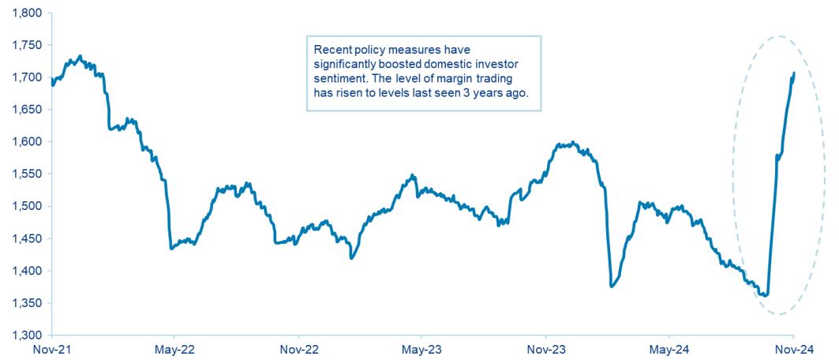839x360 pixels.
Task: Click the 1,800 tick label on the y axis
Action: pos(24,13)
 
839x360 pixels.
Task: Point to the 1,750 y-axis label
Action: pos(24,45)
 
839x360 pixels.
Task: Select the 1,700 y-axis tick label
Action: pos(24,77)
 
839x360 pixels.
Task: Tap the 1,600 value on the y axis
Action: pos(24,142)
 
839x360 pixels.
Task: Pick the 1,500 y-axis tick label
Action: pos(24,207)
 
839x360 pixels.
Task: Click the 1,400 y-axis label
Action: pos(24,271)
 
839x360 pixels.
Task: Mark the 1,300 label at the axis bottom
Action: pos(24,336)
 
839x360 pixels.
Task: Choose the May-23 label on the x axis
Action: pos(421,349)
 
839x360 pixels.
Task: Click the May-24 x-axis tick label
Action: pos(669,349)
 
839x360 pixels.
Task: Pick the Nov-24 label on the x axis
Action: pos(793,349)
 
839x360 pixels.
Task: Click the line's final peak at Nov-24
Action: pos(793,73)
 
